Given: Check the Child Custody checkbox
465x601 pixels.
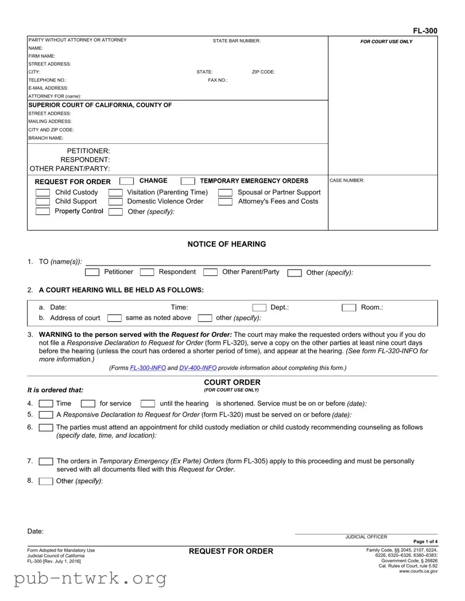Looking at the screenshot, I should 42,193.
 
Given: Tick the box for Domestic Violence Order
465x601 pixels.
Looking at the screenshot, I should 115,202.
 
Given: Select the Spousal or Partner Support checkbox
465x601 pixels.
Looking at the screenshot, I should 225,193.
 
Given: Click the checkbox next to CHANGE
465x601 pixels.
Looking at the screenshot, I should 126,182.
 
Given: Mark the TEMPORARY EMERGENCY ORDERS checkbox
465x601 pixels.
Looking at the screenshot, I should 187,182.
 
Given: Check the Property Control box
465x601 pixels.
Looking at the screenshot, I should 42,212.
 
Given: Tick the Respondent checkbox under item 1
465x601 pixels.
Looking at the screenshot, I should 147,272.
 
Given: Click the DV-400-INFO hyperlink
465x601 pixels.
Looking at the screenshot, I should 198,368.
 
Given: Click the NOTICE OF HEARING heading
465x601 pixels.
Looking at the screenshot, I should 227,244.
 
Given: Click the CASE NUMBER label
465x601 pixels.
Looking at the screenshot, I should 347,181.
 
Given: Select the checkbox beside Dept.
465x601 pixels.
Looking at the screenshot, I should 259,308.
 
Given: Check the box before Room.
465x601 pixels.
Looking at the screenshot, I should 349,308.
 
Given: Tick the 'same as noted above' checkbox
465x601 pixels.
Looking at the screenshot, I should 115,318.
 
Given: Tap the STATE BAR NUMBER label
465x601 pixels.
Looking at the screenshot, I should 237,41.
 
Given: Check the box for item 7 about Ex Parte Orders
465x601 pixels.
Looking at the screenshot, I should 46,462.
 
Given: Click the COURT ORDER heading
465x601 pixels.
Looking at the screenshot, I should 232,383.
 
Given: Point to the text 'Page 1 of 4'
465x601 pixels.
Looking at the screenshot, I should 425,542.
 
